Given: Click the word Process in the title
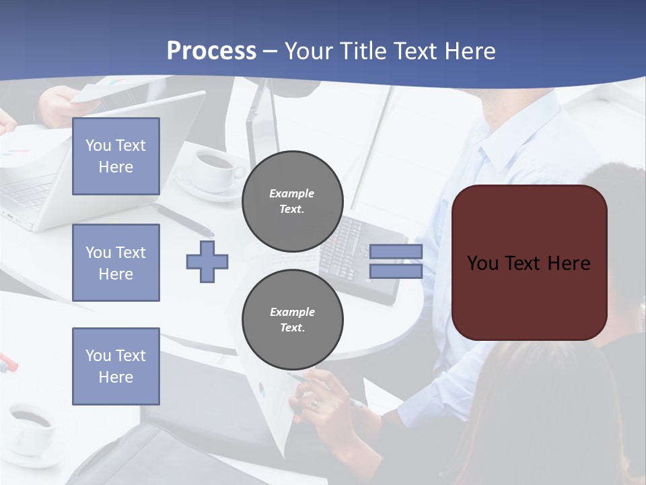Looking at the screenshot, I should pos(211,51).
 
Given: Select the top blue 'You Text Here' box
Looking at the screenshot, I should pos(116,156).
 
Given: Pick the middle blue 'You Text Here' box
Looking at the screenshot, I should pos(116,263).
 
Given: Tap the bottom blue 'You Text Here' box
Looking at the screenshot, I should pos(116,366).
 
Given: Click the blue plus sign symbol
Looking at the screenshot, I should pos(207,261).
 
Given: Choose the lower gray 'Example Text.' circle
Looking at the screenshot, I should pos(293,319).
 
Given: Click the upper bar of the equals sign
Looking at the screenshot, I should pos(396,251).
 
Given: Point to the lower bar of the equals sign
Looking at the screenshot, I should pos(396,271).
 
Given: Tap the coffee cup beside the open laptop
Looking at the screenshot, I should pos(214,166).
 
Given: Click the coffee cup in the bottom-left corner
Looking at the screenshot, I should pos(30,428).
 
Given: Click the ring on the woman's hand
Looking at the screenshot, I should pos(314,404).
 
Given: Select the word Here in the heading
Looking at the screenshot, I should pos(470,51).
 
